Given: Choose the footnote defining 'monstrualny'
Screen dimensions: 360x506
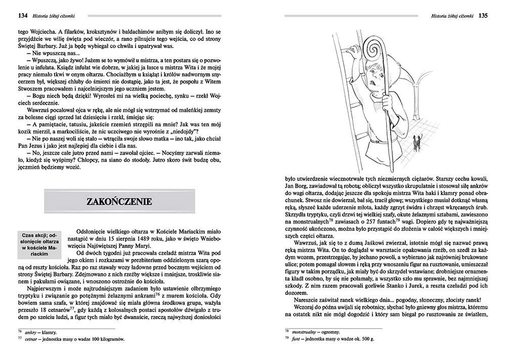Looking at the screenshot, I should coord(314,332).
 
